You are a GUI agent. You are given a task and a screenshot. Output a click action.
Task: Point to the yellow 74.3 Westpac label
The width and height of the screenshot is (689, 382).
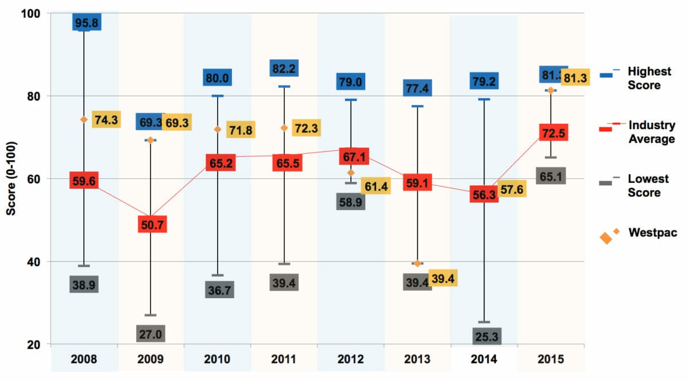106,120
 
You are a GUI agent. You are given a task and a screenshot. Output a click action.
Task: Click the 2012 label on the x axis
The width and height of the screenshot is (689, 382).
351,360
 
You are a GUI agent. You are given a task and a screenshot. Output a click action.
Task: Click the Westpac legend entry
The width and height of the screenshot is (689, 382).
649,233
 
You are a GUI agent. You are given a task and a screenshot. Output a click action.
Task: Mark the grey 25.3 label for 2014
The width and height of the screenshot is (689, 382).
487,337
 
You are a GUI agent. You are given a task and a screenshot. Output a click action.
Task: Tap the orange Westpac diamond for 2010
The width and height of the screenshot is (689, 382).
217,130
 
